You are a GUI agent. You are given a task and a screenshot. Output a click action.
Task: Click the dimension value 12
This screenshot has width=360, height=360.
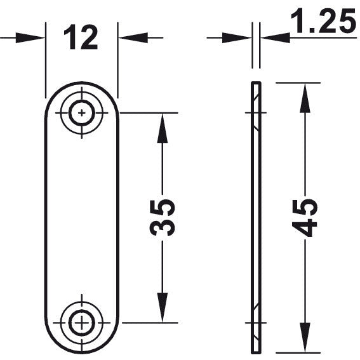click(x=81, y=37)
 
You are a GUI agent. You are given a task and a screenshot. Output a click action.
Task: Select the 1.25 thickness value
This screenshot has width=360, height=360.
click(x=324, y=20)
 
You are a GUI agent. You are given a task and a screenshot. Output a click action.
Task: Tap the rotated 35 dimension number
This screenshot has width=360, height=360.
click(x=163, y=218)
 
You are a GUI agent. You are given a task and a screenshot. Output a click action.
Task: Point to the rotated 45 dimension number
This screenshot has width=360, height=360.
click(x=305, y=218)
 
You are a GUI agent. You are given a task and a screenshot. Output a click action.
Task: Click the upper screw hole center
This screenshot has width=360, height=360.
click(x=82, y=113)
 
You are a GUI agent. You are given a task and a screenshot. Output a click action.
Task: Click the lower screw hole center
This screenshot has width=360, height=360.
click(x=82, y=323)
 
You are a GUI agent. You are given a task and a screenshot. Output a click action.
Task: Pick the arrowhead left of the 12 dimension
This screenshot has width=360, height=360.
click(x=30, y=37)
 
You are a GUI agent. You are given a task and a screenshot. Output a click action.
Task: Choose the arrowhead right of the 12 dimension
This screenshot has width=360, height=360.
click(x=133, y=37)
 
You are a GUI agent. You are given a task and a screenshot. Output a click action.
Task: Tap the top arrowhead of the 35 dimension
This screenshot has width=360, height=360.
click(x=163, y=128)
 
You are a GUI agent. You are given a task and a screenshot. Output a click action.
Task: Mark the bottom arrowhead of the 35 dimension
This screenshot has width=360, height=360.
click(x=163, y=307)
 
